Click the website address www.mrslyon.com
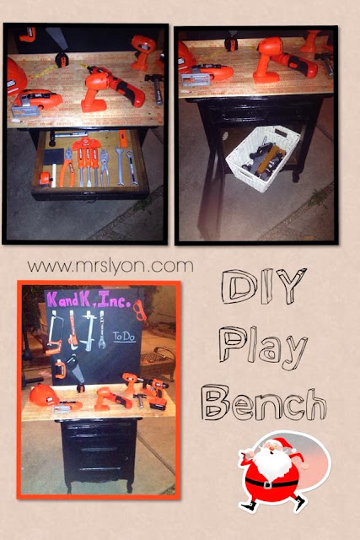point(110,267)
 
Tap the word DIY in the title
point(264,287)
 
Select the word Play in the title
point(262,348)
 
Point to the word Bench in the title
point(264,402)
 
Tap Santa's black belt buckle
point(268,485)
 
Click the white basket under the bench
point(263,158)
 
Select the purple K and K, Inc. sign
point(89,300)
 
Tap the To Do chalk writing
point(125,337)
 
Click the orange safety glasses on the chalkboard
point(140,309)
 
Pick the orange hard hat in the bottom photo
point(44,395)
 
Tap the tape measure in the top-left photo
point(62,60)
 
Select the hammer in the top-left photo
point(155,87)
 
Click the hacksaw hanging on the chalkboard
point(55,335)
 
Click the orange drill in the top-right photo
point(284,61)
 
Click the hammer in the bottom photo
point(139,400)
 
